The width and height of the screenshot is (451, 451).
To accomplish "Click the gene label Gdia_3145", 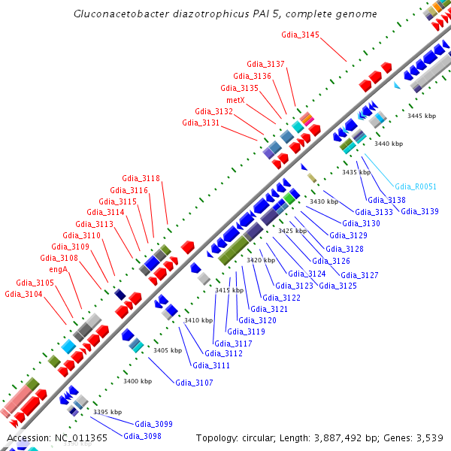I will coord(300,35).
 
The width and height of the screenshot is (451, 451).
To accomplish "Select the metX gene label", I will coord(235,100).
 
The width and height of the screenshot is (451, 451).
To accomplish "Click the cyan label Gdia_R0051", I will coord(416,186).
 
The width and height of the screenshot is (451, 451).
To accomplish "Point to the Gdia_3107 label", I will coord(194,383).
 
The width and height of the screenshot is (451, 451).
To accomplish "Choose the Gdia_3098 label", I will coord(142,436).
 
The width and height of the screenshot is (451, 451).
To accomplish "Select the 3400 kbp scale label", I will coord(138,381).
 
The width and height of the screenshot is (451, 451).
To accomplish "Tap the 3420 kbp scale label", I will coord(261,259).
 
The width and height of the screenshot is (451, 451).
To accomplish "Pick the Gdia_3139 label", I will coord(419,211).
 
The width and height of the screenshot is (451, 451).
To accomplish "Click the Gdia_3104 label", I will coord(23,294).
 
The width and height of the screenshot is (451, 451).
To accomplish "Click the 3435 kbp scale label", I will coord(356,172).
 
